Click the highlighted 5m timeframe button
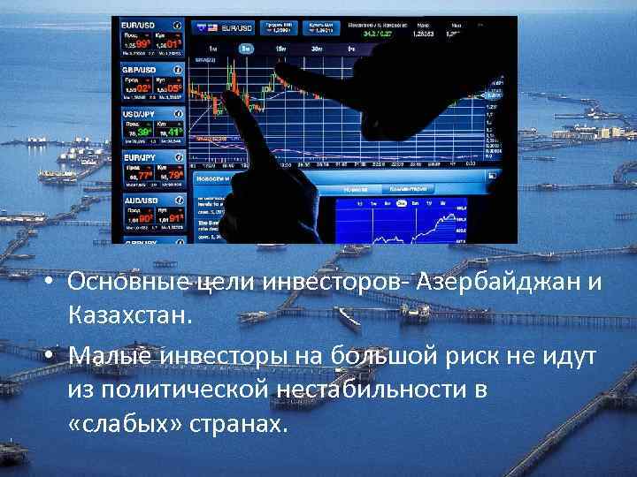tap(244, 49)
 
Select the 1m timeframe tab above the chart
tap(213, 49)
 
